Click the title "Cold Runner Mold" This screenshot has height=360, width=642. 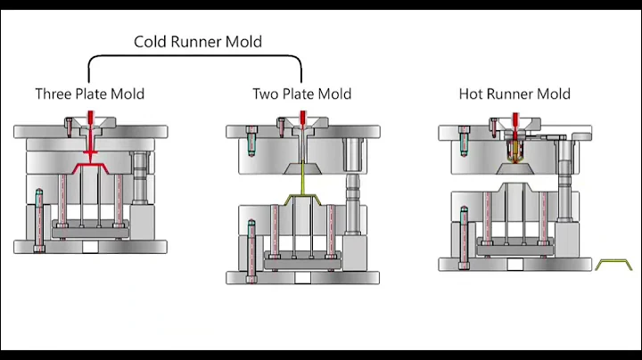pos(198,41)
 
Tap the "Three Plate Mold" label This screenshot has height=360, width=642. pos(89,94)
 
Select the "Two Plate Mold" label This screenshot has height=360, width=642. pos(301,94)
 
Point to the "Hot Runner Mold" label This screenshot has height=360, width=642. pos(514,94)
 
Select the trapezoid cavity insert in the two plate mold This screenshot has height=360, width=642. pos(302,167)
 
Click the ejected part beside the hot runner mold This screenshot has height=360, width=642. pos(613,265)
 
